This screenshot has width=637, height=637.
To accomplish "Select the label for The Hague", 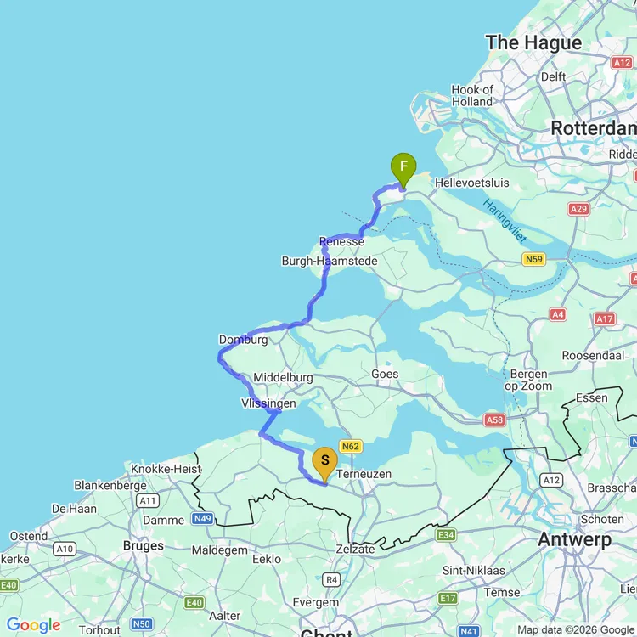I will click(533, 42).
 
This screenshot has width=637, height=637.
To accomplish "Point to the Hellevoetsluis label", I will click(471, 183).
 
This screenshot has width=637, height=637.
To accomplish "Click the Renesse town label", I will click(341, 242).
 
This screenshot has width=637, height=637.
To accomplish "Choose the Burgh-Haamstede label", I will click(330, 262).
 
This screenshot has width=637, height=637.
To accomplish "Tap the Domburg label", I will click(243, 340).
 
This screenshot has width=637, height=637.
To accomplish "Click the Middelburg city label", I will click(283, 377).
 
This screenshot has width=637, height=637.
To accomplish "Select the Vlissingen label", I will click(268, 403).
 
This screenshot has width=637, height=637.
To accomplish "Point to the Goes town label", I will click(385, 374).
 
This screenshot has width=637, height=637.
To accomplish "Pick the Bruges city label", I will click(143, 545).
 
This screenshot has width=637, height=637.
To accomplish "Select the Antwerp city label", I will click(574, 540).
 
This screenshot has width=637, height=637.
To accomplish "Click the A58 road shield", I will click(494, 420).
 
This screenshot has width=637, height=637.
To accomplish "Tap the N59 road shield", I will click(534, 259).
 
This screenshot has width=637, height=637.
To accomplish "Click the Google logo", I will click(33, 626).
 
